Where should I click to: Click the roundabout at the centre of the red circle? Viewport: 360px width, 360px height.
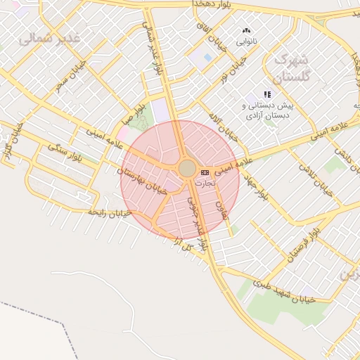[x=187, y=169]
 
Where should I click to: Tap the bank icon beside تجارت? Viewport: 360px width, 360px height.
[x=205, y=172]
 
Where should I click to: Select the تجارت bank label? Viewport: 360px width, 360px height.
[x=204, y=182]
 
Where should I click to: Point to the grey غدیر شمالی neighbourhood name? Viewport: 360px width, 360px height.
[x=50, y=37]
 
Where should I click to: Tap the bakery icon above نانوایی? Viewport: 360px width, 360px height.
[x=246, y=31]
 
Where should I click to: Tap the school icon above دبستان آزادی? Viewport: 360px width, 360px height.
[x=267, y=94]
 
